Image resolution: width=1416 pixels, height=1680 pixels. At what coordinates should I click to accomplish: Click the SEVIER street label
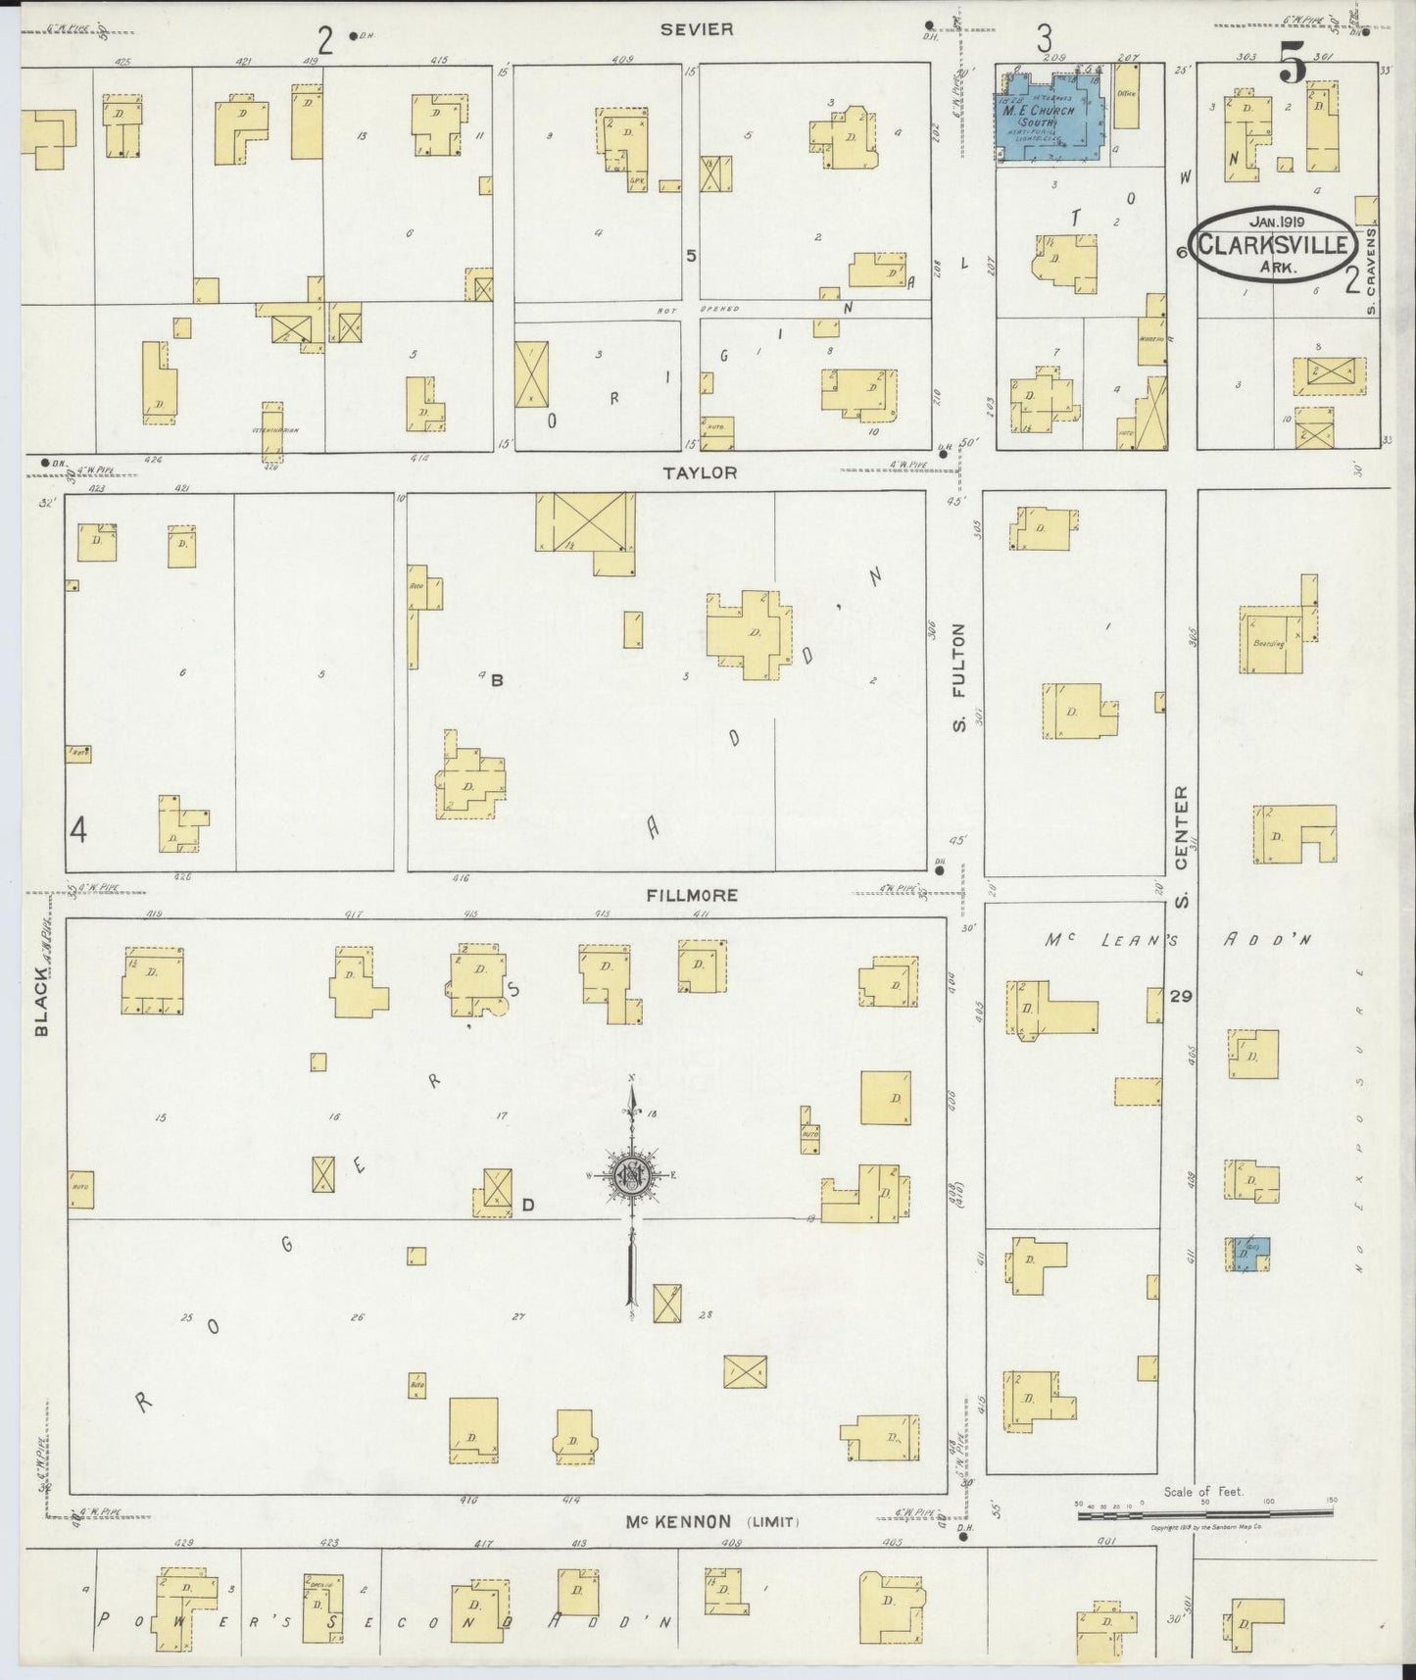[x=696, y=29]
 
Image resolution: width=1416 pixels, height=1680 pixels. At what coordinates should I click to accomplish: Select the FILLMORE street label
[x=692, y=896]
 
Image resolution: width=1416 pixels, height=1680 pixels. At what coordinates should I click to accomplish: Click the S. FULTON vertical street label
[x=959, y=676]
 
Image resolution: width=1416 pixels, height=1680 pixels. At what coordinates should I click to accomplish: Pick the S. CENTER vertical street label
[x=1181, y=846]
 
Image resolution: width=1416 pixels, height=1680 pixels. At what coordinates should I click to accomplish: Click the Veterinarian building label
[x=271, y=429]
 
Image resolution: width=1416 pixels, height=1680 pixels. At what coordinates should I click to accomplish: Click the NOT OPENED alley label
[x=697, y=309]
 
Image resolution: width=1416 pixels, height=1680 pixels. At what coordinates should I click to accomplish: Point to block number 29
[x=1181, y=996]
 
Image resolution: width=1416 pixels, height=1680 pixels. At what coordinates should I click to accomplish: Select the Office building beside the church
[x=1126, y=95]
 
